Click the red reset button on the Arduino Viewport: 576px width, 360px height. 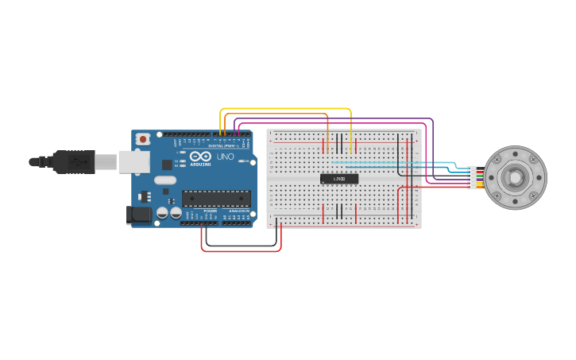coord(142,139)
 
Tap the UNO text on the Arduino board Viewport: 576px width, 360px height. coord(225,157)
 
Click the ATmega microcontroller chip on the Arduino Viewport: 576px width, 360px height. coord(216,199)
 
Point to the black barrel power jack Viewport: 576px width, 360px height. coord(139,215)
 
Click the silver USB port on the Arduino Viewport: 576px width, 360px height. coord(133,162)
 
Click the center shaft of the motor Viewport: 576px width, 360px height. coord(516,177)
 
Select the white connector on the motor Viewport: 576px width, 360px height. coord(473,177)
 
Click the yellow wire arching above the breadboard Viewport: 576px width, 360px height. coord(286,109)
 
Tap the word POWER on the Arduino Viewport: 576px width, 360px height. coord(211,211)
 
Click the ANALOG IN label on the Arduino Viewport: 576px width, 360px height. coord(238,211)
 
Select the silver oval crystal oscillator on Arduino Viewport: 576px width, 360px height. coord(165,180)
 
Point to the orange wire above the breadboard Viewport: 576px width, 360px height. coord(278,114)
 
